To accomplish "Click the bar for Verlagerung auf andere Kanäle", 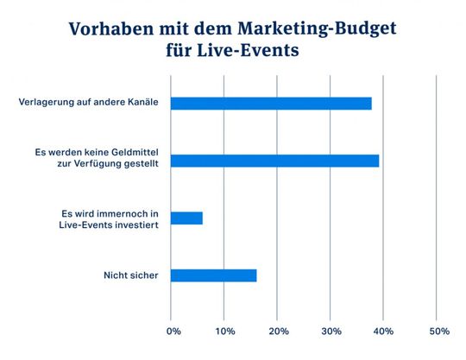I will pyautogui.click(x=271, y=104).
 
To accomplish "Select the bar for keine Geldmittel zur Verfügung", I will pyautogui.click(x=274, y=161).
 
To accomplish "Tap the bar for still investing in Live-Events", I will pyautogui.click(x=186, y=218).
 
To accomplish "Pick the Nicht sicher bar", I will pyautogui.click(x=213, y=275).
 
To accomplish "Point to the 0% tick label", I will pyautogui.click(x=173, y=332).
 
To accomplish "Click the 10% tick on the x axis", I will pyautogui.click(x=225, y=332).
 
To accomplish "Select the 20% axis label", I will pyautogui.click(x=279, y=332).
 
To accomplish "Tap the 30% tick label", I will pyautogui.click(x=331, y=332).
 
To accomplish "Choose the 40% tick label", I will pyautogui.click(x=385, y=332).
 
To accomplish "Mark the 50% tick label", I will pyautogui.click(x=438, y=332).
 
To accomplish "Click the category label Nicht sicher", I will pyautogui.click(x=131, y=276).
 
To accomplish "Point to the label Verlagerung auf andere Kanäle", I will pyautogui.click(x=91, y=104).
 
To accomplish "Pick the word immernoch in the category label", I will pyautogui.click(x=114, y=212).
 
